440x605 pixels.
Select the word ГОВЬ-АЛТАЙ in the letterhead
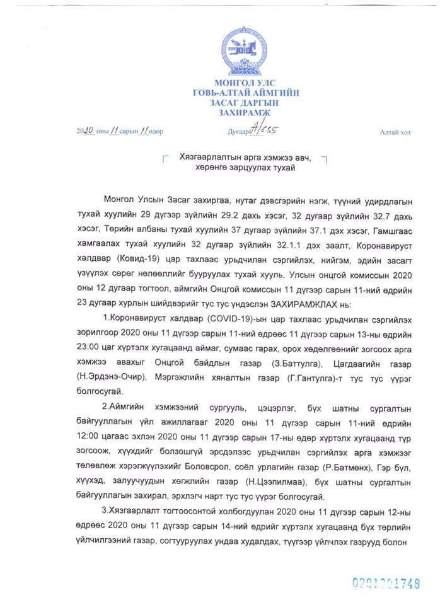[x=220, y=93]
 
